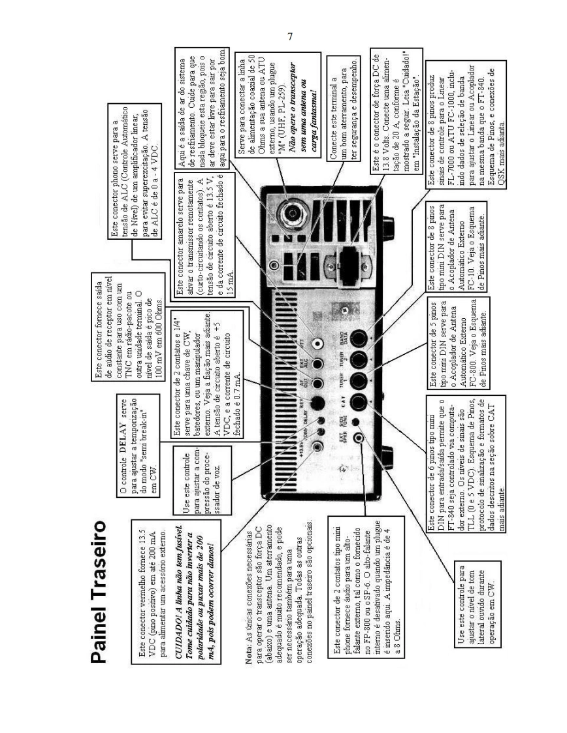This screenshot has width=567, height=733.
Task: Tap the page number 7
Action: click(x=290, y=37)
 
